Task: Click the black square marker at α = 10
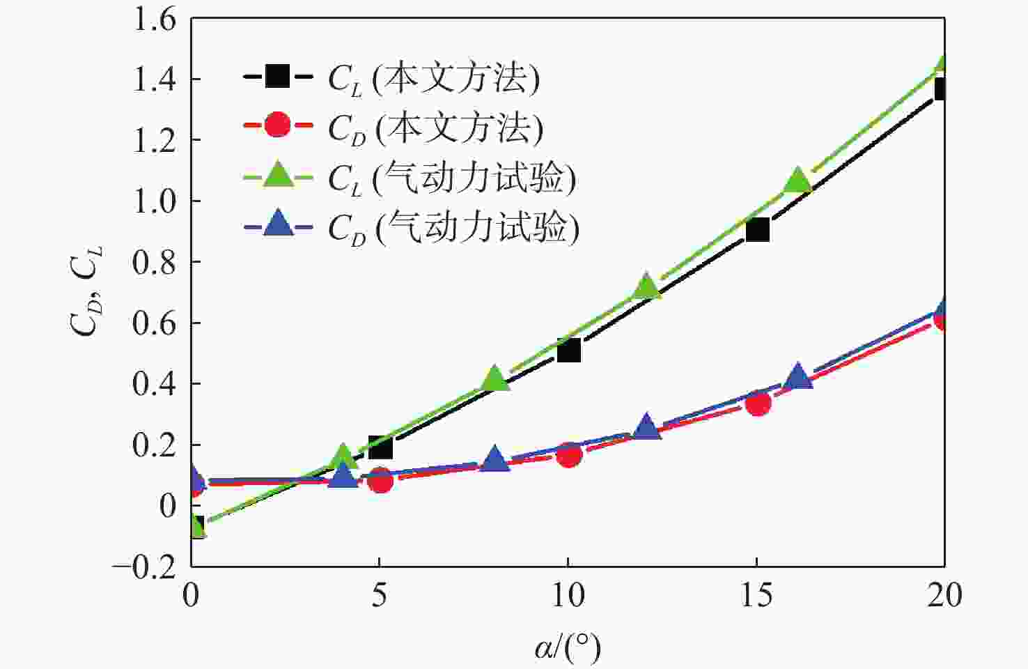568,350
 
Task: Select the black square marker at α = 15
757,229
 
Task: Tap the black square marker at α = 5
380,447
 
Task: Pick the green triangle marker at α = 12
646,286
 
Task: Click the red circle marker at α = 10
568,455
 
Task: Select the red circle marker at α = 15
757,403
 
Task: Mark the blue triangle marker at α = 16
798,376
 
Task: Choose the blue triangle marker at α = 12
646,426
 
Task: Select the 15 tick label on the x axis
756,595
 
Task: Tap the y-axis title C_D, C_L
86,292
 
